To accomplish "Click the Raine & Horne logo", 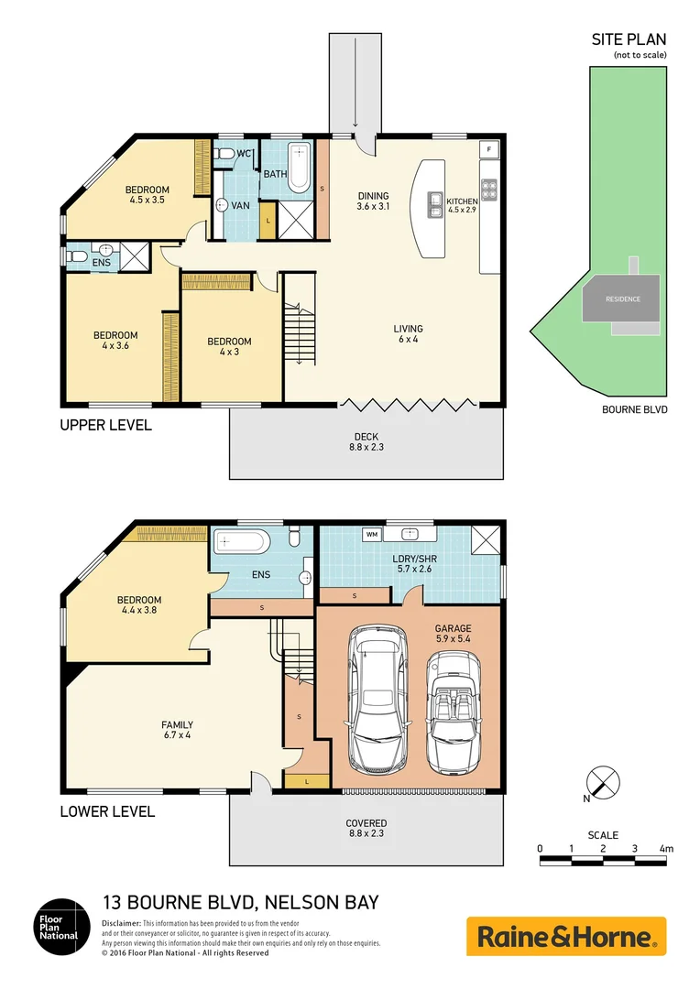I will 566,937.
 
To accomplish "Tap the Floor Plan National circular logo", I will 60,927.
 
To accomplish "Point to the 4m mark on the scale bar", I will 666,850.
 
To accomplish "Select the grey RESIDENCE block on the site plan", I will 622,299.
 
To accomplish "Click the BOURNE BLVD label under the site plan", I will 634,409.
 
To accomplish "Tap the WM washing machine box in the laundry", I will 372,533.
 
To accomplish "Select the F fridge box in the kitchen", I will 489,148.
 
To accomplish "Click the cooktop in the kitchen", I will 489,189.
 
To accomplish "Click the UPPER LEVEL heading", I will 105,425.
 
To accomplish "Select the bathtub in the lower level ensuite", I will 242,543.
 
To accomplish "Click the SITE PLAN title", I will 628,39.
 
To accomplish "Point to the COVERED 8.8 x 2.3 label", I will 366,829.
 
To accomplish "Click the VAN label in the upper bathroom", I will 240,206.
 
